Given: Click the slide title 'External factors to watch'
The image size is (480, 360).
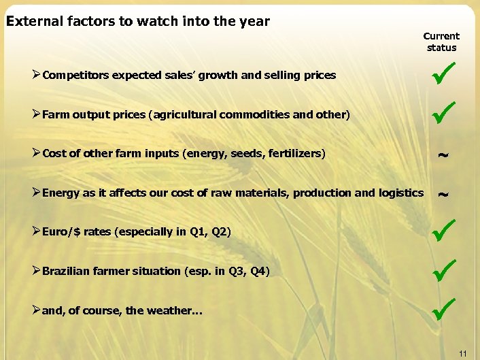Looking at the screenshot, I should click(137, 21).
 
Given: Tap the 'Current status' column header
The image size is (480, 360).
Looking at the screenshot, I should click(441, 42).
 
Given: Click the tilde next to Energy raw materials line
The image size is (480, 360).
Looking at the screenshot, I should click(442, 195).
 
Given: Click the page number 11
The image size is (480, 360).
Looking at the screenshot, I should click(462, 353).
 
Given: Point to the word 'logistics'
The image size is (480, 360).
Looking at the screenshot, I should click(399, 193).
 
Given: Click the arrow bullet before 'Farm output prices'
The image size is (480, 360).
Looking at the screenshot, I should click(36, 114).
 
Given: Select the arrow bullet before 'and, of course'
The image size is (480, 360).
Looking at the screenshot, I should click(36, 310).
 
